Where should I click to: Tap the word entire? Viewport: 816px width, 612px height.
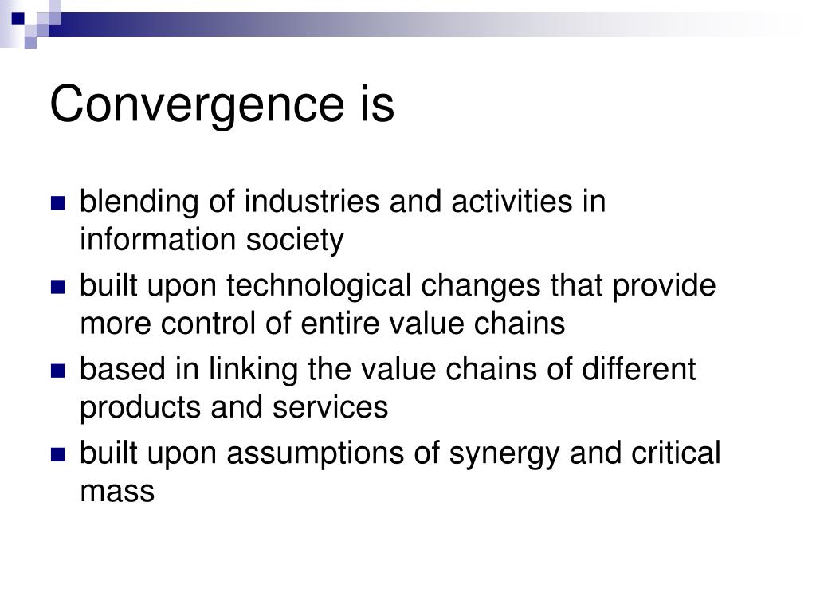[299, 324]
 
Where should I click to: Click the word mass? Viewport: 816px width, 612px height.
[116, 492]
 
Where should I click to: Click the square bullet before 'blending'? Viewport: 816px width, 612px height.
[58, 203]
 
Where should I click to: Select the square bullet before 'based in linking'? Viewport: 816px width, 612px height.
[58, 371]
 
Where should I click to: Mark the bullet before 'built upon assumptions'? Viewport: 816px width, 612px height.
[58, 454]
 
